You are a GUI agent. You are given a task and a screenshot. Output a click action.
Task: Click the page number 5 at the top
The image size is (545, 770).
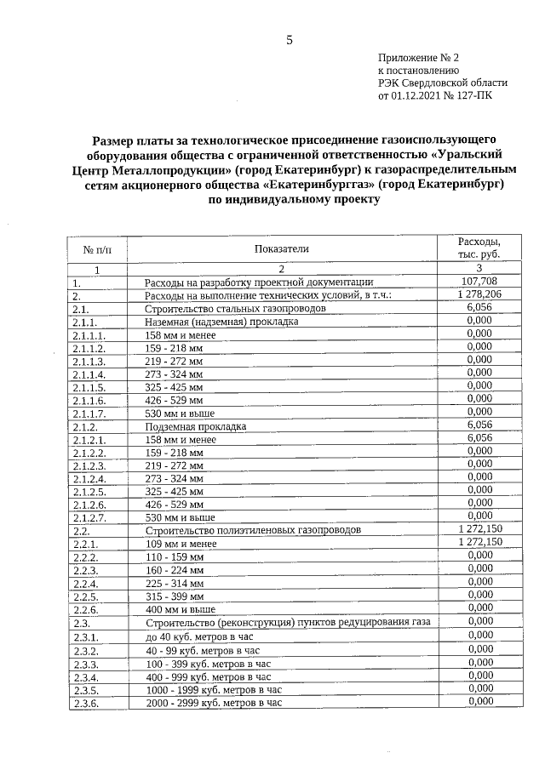tap(289, 40)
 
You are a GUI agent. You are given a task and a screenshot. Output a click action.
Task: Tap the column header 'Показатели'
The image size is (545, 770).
tap(280, 248)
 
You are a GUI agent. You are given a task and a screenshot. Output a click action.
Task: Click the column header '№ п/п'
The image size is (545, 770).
tap(97, 249)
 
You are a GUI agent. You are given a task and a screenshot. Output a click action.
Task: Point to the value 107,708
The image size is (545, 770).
tap(479, 282)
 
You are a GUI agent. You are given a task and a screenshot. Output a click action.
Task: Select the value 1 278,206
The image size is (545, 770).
tap(479, 294)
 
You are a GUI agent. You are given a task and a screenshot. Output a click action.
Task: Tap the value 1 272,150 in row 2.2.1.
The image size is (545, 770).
tap(479, 542)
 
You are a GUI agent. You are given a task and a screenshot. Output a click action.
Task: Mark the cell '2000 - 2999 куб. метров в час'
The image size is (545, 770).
tap(213, 703)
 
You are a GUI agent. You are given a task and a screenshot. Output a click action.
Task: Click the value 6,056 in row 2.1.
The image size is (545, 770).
tap(479, 307)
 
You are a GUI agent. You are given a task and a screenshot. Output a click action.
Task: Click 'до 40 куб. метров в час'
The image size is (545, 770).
tap(200, 636)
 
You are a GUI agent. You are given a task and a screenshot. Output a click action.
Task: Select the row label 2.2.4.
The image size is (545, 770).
tap(87, 584)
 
